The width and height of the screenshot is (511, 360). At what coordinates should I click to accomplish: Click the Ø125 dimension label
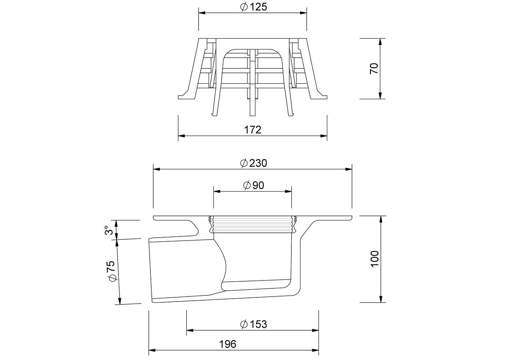click(x=253, y=7)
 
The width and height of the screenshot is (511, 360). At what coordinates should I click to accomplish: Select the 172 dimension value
click(x=253, y=130)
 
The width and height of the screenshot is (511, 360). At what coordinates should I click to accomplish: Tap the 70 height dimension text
click(x=374, y=69)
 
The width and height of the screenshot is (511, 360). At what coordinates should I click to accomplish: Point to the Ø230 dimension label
click(x=253, y=163)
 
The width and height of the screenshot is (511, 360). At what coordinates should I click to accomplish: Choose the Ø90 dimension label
click(x=254, y=185)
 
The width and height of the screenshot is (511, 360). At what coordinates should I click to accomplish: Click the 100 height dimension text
click(x=374, y=259)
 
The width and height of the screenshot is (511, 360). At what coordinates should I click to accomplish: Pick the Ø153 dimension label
click(x=253, y=324)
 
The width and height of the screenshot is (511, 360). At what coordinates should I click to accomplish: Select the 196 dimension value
click(x=227, y=344)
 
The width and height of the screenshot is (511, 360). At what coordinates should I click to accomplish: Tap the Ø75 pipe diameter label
click(x=112, y=271)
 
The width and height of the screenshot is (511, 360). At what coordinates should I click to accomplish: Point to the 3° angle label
click(x=109, y=230)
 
